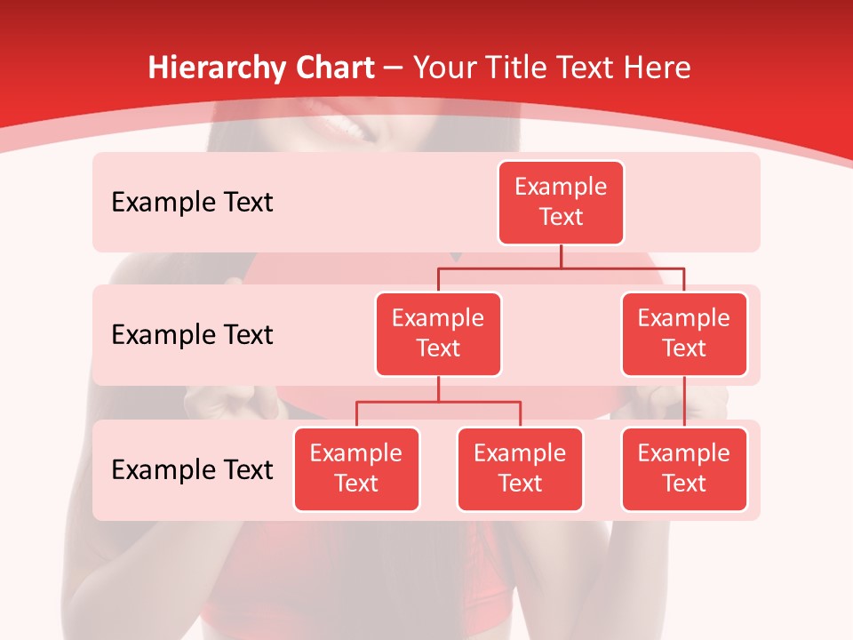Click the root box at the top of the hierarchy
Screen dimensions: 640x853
point(561,202)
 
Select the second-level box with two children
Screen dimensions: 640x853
point(438,333)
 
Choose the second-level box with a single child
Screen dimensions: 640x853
point(684,333)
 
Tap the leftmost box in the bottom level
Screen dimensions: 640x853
point(356,468)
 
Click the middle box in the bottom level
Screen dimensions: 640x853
point(520,468)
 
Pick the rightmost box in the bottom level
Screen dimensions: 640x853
point(684,468)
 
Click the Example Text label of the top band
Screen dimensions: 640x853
point(192,203)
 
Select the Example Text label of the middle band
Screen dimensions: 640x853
point(192,335)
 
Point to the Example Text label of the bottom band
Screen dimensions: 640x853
point(192,470)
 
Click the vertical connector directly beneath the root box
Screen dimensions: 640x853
point(561,256)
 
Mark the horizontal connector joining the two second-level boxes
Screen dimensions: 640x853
point(561,268)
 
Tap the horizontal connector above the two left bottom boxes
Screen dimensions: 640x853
point(438,402)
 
